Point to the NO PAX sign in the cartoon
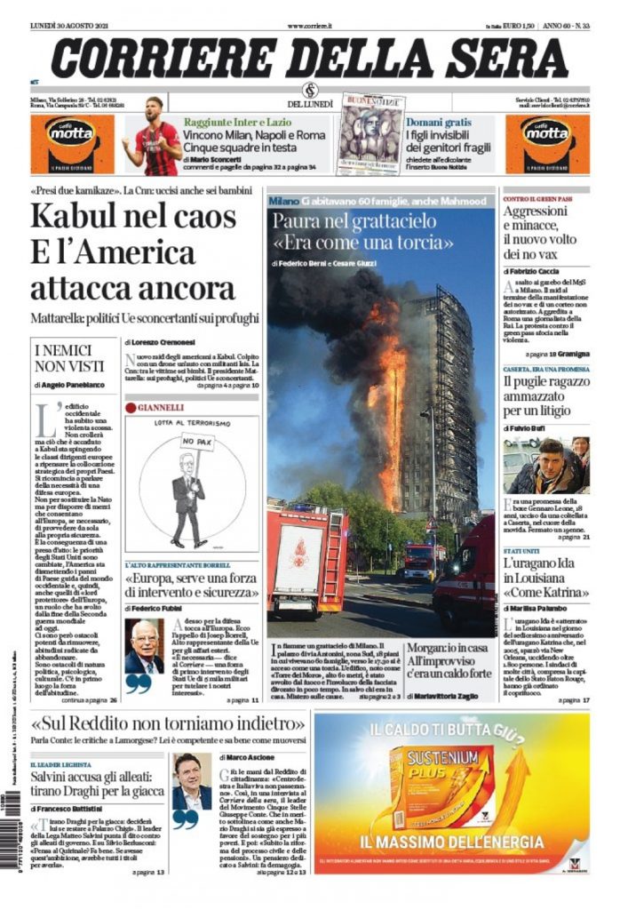pos(192,442)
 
